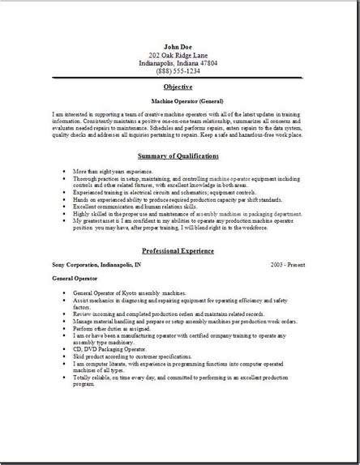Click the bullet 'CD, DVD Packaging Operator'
118,348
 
